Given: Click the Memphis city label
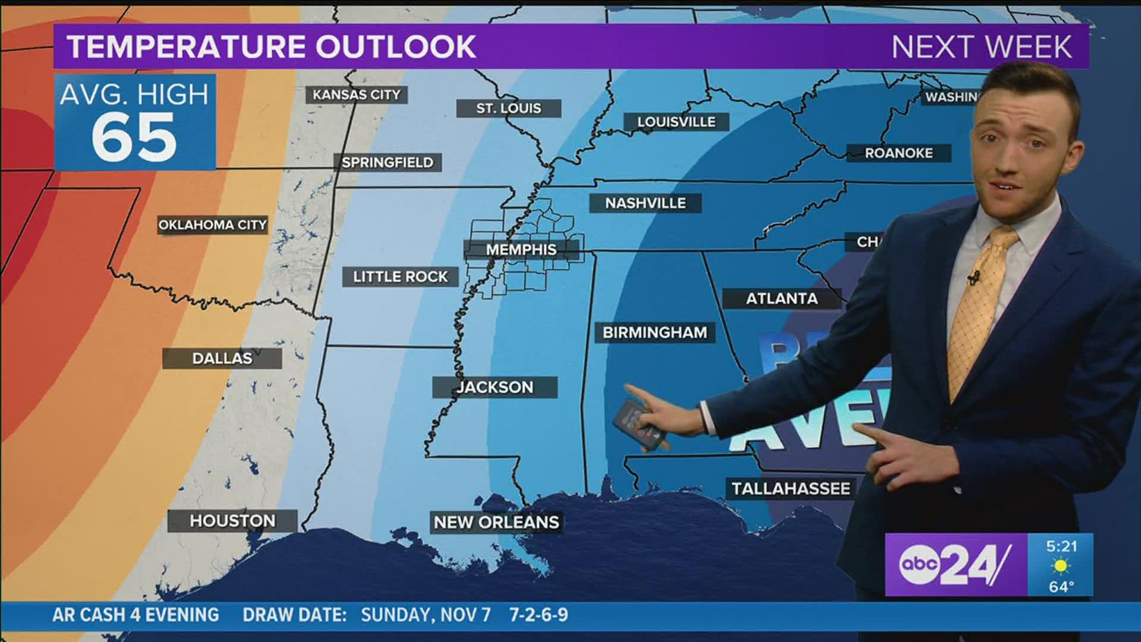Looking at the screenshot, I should pyautogui.click(x=521, y=250).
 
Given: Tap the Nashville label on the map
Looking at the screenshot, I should pyautogui.click(x=645, y=203).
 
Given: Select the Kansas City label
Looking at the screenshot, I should pyautogui.click(x=357, y=95).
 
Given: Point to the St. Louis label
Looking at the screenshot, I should pyautogui.click(x=509, y=108).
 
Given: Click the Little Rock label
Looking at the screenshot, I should pyautogui.click(x=401, y=277).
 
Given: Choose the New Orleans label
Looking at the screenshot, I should pyautogui.click(x=496, y=523).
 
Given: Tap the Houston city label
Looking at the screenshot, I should pyautogui.click(x=232, y=521).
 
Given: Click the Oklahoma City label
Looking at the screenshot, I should pyautogui.click(x=212, y=225).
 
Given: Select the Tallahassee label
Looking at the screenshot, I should pyautogui.click(x=790, y=489).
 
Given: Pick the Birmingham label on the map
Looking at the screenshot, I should pyautogui.click(x=655, y=332).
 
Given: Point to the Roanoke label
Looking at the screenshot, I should pyautogui.click(x=899, y=153).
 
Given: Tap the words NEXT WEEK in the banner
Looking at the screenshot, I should pyautogui.click(x=982, y=47).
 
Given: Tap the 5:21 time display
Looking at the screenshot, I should pyautogui.click(x=1061, y=546).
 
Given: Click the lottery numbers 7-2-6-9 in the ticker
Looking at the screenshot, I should pyautogui.click(x=538, y=615).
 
